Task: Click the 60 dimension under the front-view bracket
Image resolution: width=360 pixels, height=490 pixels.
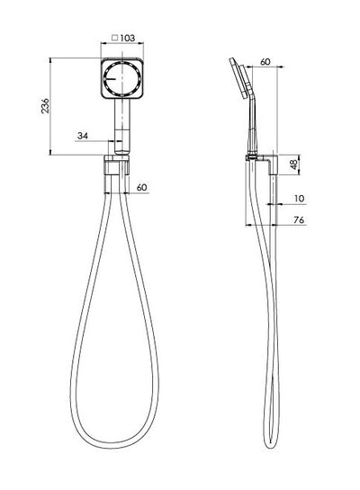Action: point(141,187)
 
